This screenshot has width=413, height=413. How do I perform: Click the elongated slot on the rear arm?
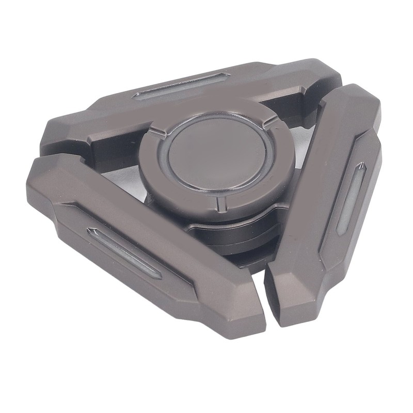pyautogui.click(x=181, y=85)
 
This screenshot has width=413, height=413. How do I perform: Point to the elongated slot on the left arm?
pyautogui.click(x=124, y=253)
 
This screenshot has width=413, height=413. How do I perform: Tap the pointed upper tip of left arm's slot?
pyautogui.click(x=92, y=230)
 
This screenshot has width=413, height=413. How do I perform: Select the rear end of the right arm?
pyautogui.click(x=356, y=93)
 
